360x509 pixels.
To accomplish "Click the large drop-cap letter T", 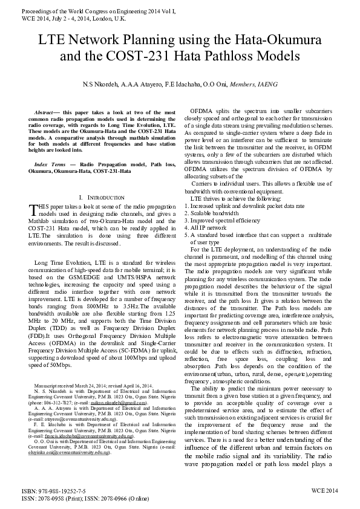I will tap(33, 210).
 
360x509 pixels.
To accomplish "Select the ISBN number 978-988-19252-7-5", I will tap(53, 493).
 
